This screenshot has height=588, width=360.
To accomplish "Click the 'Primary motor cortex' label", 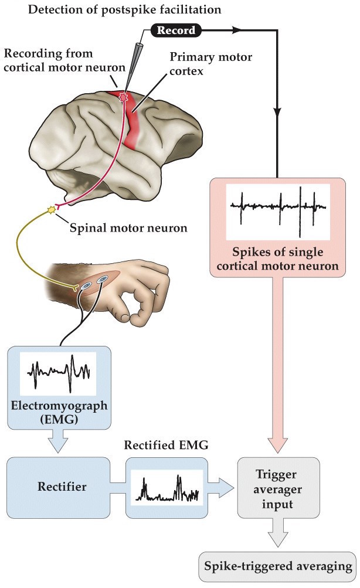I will pos(210,64).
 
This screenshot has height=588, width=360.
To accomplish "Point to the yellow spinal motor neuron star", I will pos(52,209).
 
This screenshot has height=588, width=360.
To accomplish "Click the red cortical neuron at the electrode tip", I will pos(123,96).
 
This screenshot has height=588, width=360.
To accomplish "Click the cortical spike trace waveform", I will pos(278,206).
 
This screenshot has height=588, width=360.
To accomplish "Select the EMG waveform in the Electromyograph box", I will pos(58,372).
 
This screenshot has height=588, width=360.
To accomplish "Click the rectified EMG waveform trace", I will pos(166,488).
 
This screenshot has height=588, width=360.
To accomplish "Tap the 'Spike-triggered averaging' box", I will pos(279,566).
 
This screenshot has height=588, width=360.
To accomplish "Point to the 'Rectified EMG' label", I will pos(167,446).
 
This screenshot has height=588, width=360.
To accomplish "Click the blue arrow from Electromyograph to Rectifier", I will pos(57,444).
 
